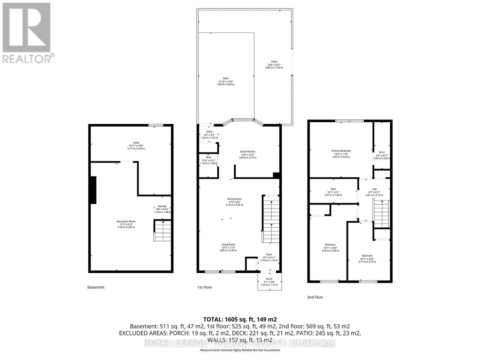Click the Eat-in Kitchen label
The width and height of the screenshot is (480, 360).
click(247, 152)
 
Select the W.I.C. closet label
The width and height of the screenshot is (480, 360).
click(382, 152)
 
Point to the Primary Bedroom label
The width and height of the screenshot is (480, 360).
click(341, 151)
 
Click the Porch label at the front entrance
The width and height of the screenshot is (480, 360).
click(269, 279)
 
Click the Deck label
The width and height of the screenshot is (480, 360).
click(226, 79)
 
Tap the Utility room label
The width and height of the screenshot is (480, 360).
click(136, 143)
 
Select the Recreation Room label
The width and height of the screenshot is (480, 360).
click(126, 222)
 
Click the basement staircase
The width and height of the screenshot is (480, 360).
click(163, 230)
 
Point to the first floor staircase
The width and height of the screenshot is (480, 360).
click(271, 219)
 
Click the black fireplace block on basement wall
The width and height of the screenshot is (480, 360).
click(93, 190)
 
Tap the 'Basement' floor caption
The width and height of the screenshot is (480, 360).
click(96, 287)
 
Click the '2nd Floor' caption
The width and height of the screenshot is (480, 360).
click(315, 297)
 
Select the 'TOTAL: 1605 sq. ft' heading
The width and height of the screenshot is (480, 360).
click(240, 319)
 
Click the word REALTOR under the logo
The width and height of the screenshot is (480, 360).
click(27, 58)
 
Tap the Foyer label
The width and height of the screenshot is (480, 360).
click(269, 254)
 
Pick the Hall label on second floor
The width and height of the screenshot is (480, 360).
click(374, 189)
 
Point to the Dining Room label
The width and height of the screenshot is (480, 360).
click(234, 199)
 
